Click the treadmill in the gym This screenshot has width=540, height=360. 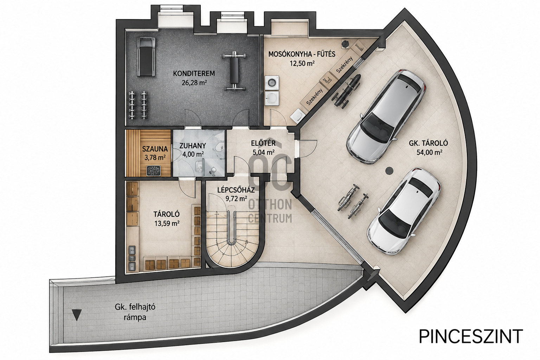[146, 56]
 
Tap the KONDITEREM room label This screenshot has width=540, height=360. [194, 73]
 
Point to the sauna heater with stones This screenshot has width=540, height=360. [154, 171]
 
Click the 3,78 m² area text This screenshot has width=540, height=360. [155, 158]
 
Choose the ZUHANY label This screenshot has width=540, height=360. [193, 146]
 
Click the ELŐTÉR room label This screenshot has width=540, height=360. [263, 143]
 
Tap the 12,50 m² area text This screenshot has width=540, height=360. [302, 63]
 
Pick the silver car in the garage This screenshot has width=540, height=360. [386, 117]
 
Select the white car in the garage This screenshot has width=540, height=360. [404, 212]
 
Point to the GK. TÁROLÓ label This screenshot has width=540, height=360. [429, 143]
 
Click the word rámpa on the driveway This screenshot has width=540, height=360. [135, 317]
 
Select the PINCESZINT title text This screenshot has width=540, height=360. [471, 336]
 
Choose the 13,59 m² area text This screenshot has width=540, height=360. [167, 223]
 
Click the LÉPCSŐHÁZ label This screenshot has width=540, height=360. [236, 190]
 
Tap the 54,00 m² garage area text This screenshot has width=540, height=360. [429, 152]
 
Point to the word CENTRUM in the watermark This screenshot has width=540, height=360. [270, 218]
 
